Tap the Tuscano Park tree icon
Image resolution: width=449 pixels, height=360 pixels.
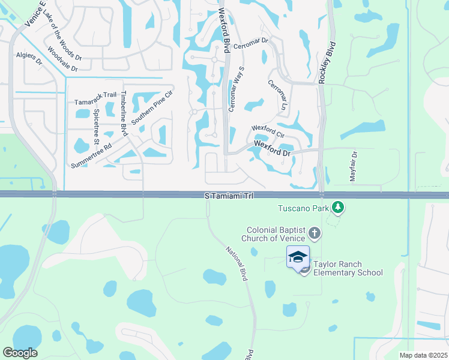click(339, 208)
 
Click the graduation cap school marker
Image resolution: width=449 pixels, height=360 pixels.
click(298, 257)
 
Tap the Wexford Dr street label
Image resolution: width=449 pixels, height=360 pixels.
click(272, 149)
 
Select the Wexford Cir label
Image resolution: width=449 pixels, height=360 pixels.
click(267, 128)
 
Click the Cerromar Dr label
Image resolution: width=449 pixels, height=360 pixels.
click(250, 44)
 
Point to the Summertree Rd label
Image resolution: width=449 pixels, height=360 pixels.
click(91, 155)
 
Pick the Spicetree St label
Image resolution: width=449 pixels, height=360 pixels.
click(96, 127)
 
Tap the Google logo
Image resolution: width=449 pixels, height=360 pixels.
click(20, 353)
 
